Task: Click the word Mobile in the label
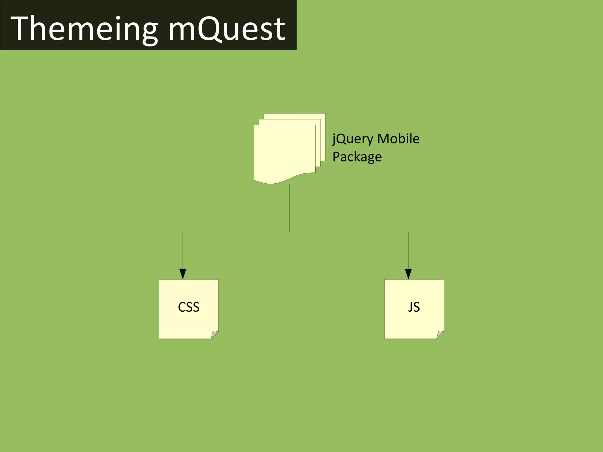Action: (398, 139)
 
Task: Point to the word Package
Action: (357, 157)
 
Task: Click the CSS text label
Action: (189, 307)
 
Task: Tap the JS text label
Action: (414, 307)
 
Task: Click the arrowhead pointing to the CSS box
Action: (183, 274)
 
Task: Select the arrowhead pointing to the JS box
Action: (408, 274)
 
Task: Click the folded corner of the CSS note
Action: (215, 335)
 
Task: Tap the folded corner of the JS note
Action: (440, 335)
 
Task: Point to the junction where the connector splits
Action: (290, 232)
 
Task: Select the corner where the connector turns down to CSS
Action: (183, 232)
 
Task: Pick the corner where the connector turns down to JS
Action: (408, 232)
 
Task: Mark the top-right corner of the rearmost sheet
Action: (325, 114)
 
